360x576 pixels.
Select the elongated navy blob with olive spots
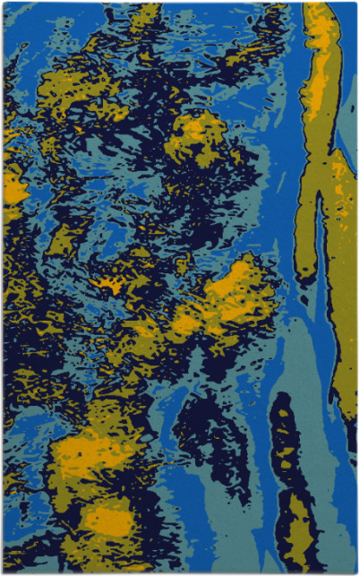[x=288, y=466]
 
